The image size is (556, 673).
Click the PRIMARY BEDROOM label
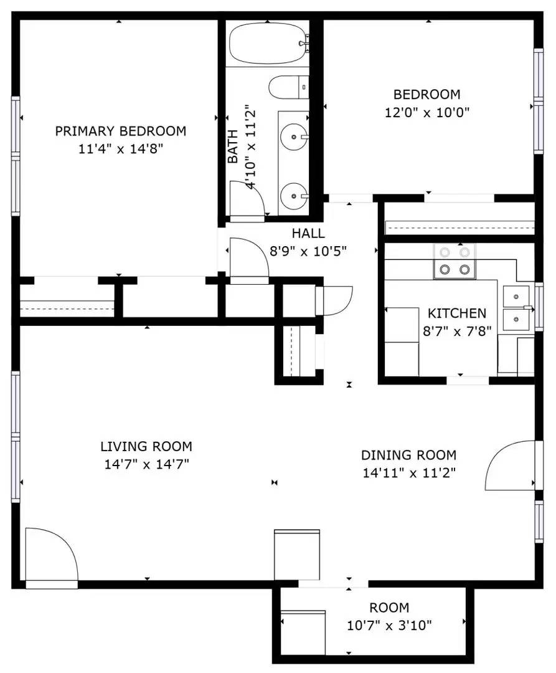(120, 131)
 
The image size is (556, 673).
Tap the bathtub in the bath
(268, 44)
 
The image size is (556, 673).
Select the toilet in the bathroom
(288, 87)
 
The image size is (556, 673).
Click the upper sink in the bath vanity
(294, 137)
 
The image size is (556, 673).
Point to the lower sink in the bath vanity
(294, 196)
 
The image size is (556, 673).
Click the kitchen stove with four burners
(455, 261)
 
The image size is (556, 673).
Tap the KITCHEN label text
(457, 313)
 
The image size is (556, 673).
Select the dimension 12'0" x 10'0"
(427, 112)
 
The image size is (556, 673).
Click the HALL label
(308, 234)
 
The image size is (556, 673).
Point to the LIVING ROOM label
(146, 446)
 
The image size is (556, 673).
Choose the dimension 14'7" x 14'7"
(146, 464)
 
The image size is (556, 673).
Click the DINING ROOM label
(408, 455)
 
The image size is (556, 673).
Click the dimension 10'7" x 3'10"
(389, 626)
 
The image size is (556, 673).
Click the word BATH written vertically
(232, 146)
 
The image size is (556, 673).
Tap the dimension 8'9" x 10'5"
(308, 251)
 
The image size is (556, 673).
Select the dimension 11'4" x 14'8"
(120, 149)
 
